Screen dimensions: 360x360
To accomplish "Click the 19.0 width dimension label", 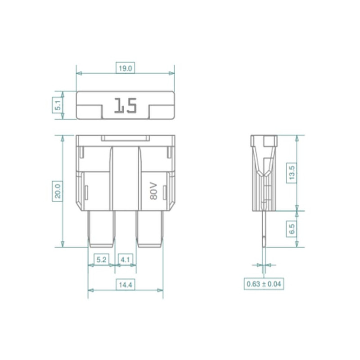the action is [125, 68].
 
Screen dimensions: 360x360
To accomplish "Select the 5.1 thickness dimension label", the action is [58, 105].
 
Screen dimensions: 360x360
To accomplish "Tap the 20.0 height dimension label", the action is [58, 191].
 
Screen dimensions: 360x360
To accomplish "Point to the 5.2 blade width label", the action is [101, 260].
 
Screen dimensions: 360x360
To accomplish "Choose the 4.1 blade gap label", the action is [125, 260].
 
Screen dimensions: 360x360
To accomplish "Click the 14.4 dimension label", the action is [126, 285].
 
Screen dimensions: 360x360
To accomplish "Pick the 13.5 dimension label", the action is [291, 173].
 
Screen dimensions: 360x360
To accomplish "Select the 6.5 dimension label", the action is [291, 229].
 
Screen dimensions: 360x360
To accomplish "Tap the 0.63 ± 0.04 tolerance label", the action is [264, 284].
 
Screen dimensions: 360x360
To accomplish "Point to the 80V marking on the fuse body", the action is [153, 191].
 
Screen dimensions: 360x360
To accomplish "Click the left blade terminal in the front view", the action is [101, 229].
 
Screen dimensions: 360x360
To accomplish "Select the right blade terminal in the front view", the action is [150, 229].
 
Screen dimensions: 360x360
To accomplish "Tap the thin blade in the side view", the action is [264, 229].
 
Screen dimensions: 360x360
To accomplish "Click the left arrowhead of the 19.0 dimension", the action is [79, 73].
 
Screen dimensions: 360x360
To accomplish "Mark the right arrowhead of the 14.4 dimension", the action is [160, 290].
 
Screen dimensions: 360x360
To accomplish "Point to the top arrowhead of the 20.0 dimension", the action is [63, 138].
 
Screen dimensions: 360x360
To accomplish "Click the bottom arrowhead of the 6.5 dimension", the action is [297, 244].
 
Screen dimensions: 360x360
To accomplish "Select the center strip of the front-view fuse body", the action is [126, 179].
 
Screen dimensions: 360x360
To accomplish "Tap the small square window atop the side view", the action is [270, 141].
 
